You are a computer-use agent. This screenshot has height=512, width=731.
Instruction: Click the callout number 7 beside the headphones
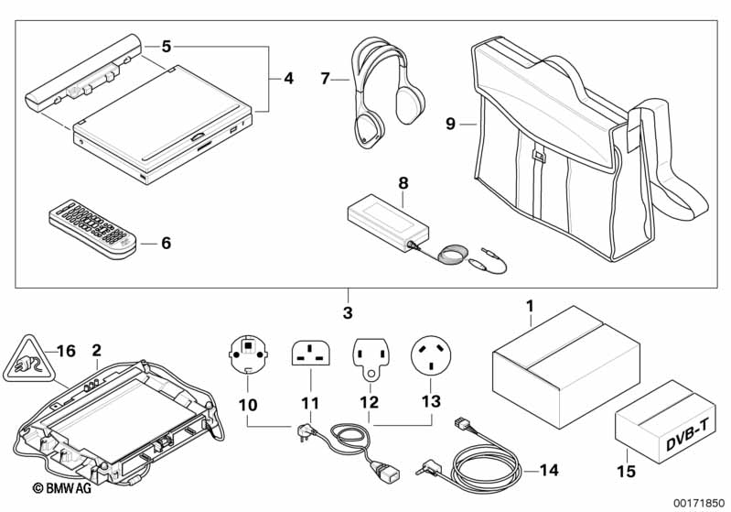[x=325, y=80]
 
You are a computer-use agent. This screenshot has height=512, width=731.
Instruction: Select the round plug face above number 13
[x=433, y=354]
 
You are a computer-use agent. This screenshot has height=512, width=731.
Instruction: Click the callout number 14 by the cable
[x=548, y=472]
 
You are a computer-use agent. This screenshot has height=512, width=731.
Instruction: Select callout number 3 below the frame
[x=347, y=313]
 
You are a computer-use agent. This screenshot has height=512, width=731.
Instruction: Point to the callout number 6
[x=165, y=244]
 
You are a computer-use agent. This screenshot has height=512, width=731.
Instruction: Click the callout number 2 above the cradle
[x=95, y=350]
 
